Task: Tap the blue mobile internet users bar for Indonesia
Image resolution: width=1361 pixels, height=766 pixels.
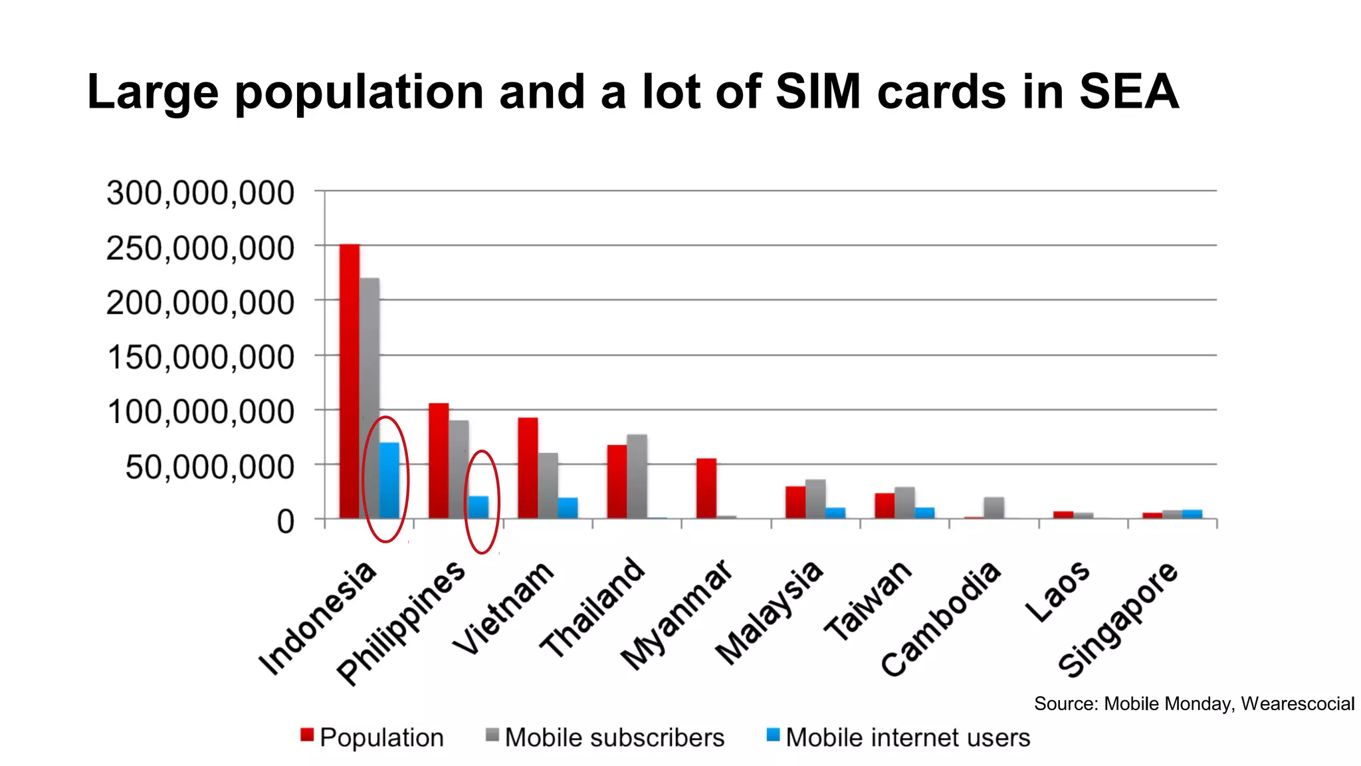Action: coord(389,480)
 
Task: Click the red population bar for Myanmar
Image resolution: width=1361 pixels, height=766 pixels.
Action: coord(706,488)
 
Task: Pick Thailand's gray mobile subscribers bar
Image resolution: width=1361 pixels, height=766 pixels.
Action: coord(637,476)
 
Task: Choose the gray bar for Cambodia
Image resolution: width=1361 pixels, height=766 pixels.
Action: coord(994,507)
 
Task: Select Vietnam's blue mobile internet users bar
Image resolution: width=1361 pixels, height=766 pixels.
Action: coord(568,508)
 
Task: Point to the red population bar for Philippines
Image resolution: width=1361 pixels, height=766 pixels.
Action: coord(439,460)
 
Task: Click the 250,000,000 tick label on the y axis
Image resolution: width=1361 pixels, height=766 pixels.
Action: coord(200,249)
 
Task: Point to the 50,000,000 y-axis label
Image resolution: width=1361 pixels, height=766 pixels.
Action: coord(209,467)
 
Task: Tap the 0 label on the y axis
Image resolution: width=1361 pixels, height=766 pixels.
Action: coord(285,522)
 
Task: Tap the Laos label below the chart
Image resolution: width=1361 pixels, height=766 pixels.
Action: coord(1057,591)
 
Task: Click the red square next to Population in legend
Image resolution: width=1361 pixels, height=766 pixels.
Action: coord(306,735)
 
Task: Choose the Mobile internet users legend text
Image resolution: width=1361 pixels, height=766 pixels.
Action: coord(907,737)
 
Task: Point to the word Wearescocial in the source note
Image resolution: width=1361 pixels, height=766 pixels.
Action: coord(1297,703)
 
